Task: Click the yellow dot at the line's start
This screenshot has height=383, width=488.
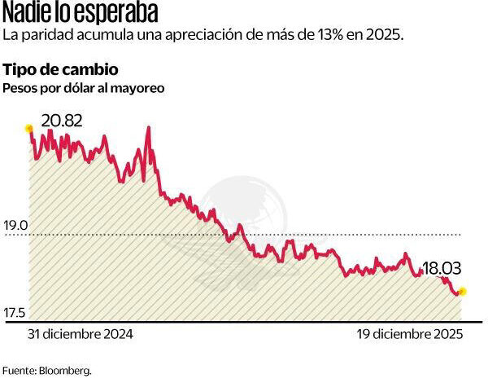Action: [x=29, y=128]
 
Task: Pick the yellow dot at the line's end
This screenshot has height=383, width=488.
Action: [x=463, y=291]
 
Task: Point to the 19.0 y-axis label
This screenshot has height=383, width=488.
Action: [x=16, y=226]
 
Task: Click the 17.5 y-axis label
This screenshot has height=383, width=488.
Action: [x=16, y=313]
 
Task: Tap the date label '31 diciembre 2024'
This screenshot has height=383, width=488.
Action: [x=80, y=333]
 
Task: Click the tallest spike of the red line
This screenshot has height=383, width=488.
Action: [x=147, y=128]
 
